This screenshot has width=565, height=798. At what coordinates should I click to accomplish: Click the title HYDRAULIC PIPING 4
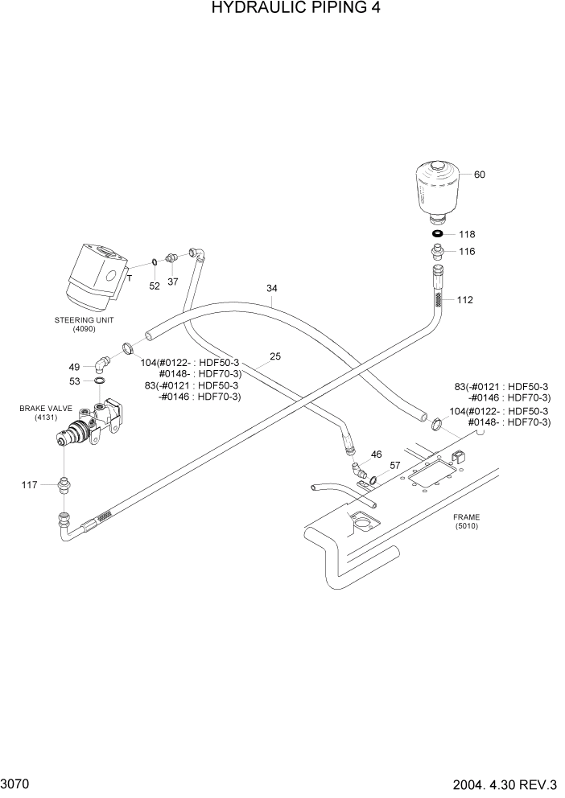pos(282,9)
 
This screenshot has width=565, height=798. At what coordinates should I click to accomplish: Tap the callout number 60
pos(480,175)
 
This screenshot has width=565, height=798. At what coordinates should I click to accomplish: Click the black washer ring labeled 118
pos(437,234)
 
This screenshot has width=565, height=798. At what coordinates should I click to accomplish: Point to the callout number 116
pos(467,252)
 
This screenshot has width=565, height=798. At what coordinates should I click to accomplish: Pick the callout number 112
pos(464,300)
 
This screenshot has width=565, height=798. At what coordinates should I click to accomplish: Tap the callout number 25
pos(275,356)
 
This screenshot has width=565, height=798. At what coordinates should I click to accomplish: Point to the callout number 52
pos(155,286)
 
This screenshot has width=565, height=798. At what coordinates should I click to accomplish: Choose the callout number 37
pos(172,282)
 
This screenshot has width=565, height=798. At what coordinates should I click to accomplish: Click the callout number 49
pos(74,366)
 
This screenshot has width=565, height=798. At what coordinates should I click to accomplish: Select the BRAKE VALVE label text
pos(40,409)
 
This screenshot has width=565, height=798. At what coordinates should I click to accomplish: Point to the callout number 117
pos(30,484)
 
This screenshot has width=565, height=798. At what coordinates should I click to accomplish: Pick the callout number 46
pos(376,455)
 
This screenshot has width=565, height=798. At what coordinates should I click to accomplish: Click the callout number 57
pos(395,466)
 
